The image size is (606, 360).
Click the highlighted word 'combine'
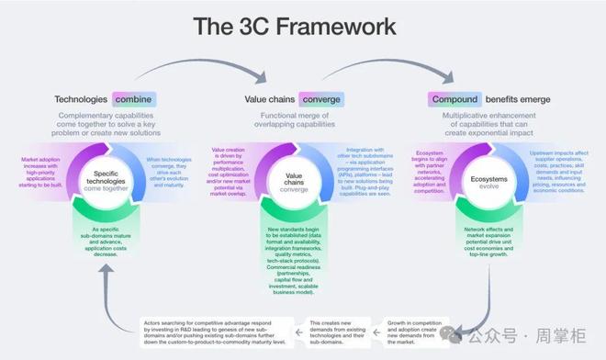click(134, 99)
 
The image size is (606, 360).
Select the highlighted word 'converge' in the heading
click(321, 99)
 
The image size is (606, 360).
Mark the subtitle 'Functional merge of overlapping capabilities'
click(294, 121)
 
